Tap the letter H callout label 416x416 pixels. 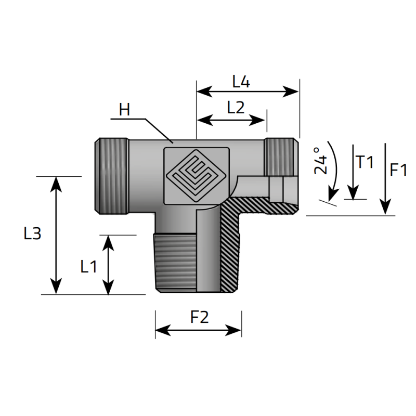coord(124,110)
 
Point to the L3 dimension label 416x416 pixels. coord(32,234)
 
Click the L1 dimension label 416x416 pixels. coord(88,267)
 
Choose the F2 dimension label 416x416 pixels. coord(199,317)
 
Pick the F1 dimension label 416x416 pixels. coord(398,170)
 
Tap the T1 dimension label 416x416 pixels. coord(365,162)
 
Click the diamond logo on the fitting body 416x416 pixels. coord(196,175)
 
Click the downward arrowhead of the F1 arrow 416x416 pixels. coord(385,207)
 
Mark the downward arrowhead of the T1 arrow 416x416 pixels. coord(353,193)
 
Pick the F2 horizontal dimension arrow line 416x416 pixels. coord(198,330)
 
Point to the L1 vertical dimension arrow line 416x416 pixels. coord(108,264)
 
